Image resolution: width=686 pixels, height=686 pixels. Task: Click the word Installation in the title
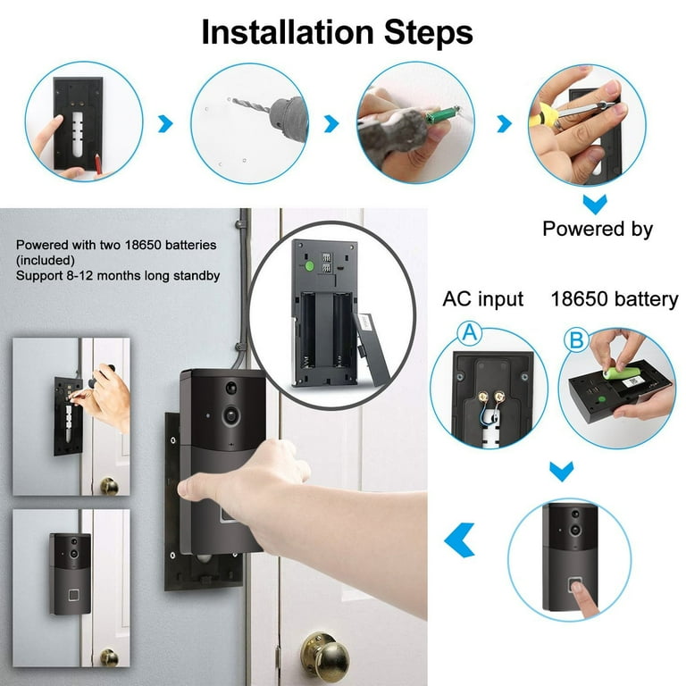point(276,33)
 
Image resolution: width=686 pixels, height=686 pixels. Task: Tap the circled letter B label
point(576,339)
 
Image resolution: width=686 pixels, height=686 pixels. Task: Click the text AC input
point(482,298)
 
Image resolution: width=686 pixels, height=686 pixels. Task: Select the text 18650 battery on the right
point(615,298)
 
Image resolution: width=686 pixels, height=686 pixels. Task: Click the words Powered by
point(598,230)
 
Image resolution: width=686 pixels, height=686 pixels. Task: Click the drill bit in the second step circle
point(251,106)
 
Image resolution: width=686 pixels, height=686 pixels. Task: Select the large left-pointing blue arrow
point(459,540)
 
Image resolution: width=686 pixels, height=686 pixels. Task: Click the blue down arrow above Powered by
point(594,203)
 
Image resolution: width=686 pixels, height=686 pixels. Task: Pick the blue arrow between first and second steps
point(165,124)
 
